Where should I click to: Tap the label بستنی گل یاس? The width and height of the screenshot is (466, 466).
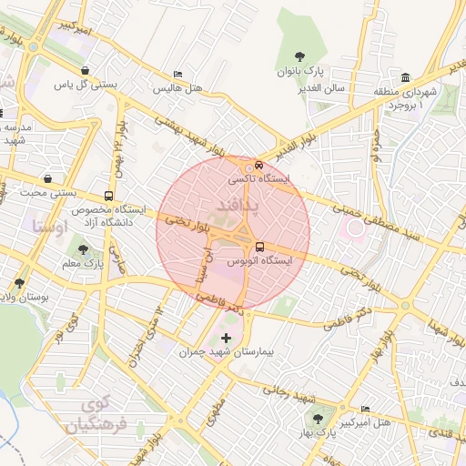pyautogui.click(x=86, y=85)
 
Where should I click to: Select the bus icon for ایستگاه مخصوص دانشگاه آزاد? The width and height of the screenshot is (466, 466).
pyautogui.click(x=109, y=196)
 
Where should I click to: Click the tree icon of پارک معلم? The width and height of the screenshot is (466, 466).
pyautogui.click(x=84, y=248)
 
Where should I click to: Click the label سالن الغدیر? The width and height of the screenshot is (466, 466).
pyautogui.click(x=325, y=88)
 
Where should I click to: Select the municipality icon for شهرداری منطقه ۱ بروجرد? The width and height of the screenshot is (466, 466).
pyautogui.click(x=405, y=78)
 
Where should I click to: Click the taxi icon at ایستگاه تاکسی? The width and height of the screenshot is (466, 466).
pyautogui.click(x=260, y=166)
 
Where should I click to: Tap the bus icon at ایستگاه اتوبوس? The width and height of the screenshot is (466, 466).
pyautogui.click(x=260, y=246)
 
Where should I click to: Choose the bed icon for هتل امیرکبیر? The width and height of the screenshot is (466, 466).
pyautogui.click(x=366, y=409)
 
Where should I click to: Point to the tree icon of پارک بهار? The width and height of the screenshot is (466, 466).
pyautogui.click(x=318, y=419)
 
